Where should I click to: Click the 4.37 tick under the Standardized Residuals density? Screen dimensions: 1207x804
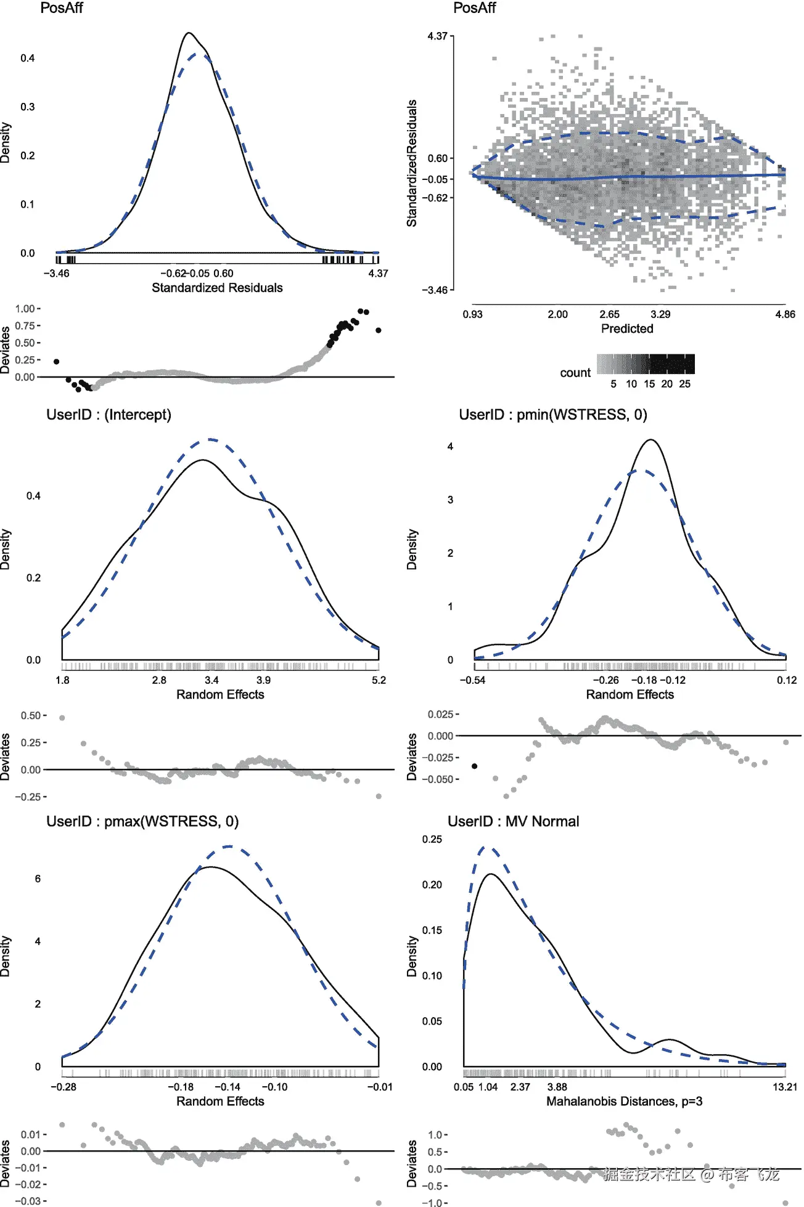pos(378,274)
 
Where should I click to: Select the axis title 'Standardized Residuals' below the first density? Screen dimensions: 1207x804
pos(217,288)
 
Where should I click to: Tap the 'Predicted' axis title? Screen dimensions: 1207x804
pos(627,329)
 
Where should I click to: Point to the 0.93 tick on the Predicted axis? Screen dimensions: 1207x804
pos(473,314)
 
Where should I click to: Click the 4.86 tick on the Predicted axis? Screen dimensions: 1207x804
pos(785,314)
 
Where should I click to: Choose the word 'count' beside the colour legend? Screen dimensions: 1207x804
pos(575,373)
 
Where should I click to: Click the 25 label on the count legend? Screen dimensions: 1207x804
pos(684,384)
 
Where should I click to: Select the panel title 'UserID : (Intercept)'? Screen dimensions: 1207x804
pos(109,415)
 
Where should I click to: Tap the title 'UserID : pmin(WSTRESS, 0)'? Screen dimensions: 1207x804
pos(552,415)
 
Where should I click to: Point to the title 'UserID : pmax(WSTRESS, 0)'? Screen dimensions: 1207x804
pos(142,821)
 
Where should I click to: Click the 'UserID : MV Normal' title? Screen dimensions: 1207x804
pos(513,821)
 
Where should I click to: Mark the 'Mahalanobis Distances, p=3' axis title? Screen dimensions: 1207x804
pos(624,1101)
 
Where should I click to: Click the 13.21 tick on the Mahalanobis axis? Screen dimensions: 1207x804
pos(784,1087)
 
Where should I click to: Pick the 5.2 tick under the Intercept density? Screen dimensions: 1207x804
pos(379,680)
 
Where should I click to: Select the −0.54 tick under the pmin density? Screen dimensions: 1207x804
pos(473,680)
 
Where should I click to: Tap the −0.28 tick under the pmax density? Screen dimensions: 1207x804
pos(64,1087)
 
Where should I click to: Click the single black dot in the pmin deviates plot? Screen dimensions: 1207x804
pos(474,766)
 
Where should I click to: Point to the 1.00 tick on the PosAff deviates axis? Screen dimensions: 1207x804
pos(25,309)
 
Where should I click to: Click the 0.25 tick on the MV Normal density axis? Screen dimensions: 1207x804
pos(432,839)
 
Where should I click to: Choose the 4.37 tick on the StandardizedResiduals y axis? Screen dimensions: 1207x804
pos(437,36)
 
